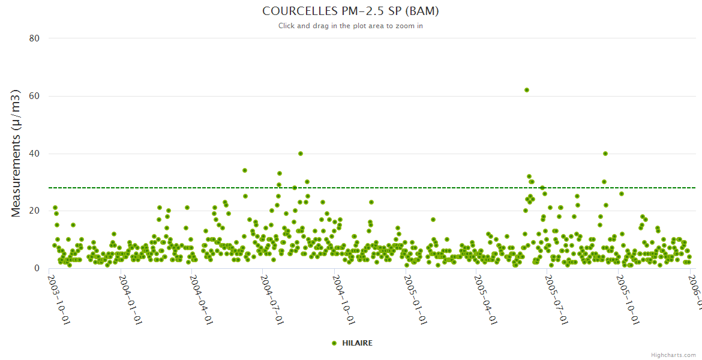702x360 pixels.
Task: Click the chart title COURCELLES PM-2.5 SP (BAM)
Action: click(350, 11)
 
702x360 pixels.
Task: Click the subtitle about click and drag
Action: click(350, 26)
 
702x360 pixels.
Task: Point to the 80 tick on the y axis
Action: click(34, 38)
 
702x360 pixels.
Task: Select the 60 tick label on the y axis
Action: click(34, 96)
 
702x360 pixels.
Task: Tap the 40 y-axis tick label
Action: click(34, 154)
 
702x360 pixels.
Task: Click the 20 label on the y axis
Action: click(34, 211)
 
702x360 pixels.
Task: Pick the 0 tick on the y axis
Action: click(37, 268)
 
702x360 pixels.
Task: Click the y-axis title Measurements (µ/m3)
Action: click(16, 153)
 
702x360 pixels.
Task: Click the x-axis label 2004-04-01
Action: click(200, 292)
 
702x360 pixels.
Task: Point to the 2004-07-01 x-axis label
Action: click(272, 292)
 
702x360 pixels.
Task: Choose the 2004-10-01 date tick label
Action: click(344, 292)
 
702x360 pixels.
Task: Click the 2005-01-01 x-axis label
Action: click(415, 292)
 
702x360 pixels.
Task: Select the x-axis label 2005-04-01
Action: click(485, 292)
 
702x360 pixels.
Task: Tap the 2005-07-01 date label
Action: click(556, 292)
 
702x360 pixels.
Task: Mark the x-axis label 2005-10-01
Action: click(628, 292)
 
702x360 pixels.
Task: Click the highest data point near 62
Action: click(527, 90)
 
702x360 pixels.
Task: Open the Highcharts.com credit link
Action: click(673, 355)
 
